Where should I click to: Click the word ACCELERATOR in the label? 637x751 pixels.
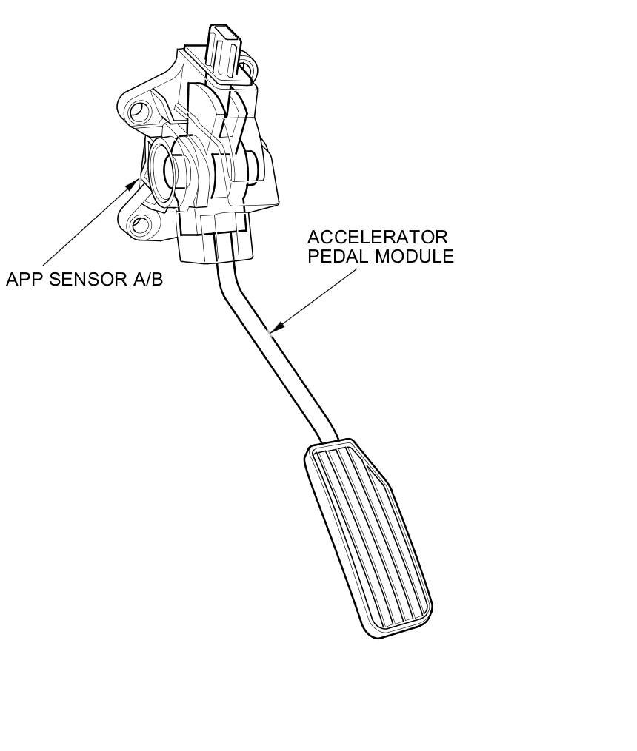pos(378,238)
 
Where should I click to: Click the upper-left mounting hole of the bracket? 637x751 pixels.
pos(139,112)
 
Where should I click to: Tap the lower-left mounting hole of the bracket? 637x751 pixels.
pos(140,224)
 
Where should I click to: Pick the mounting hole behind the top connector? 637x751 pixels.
pos(250,68)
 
